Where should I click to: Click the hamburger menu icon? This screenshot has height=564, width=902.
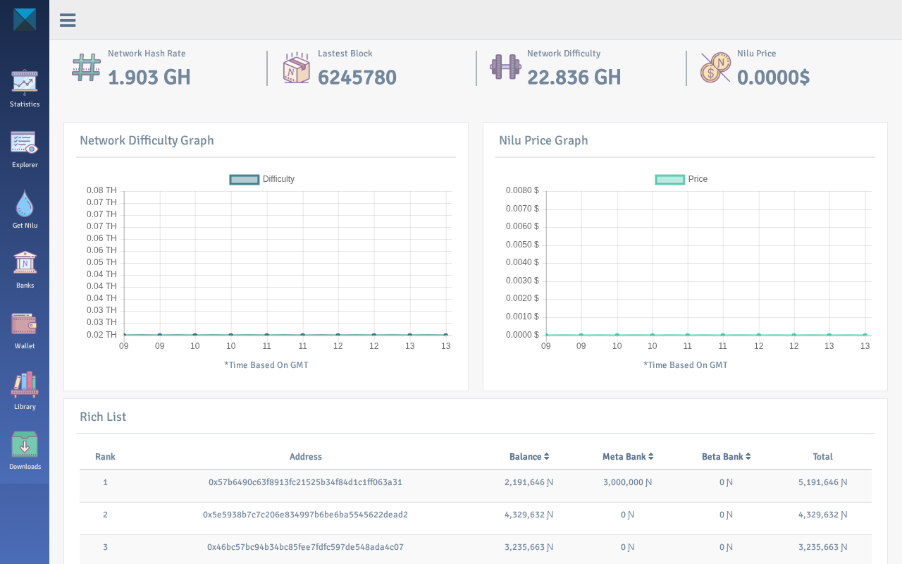pyautogui.click(x=68, y=20)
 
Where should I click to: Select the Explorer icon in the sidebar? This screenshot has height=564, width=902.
pyautogui.click(x=24, y=142)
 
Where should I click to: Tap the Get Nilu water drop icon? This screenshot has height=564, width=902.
pyautogui.click(x=25, y=204)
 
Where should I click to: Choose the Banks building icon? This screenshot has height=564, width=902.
pyautogui.click(x=25, y=262)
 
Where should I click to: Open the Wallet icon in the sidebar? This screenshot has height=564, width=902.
pyautogui.click(x=24, y=324)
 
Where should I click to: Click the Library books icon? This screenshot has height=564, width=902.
pyautogui.click(x=25, y=385)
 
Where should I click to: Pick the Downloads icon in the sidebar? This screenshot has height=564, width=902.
pyautogui.click(x=25, y=444)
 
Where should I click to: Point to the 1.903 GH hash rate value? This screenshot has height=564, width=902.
pyautogui.click(x=149, y=78)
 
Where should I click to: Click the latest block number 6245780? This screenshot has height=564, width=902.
pyautogui.click(x=357, y=78)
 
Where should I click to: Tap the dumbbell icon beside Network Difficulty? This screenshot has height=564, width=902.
pyautogui.click(x=505, y=67)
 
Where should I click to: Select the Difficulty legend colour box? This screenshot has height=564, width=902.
pyautogui.click(x=244, y=179)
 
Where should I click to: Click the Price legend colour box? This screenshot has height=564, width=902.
pyautogui.click(x=669, y=179)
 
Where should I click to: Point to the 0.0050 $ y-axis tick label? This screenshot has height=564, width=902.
pyautogui.click(x=522, y=245)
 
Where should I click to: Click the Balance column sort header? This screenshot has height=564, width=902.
pyautogui.click(x=529, y=456)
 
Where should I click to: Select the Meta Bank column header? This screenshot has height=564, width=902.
pyautogui.click(x=628, y=456)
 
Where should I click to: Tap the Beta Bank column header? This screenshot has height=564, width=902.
pyautogui.click(x=726, y=456)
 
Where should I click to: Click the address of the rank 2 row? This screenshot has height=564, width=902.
pyautogui.click(x=305, y=515)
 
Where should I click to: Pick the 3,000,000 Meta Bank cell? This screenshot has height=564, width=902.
pyautogui.click(x=627, y=482)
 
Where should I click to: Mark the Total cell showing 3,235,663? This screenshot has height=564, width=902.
pyautogui.click(x=822, y=547)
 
